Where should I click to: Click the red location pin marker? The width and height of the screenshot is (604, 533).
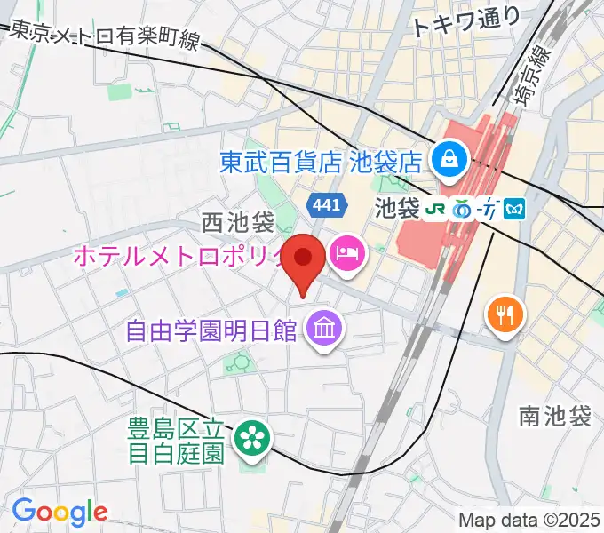306,259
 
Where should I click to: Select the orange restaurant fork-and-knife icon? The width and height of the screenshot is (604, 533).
505,313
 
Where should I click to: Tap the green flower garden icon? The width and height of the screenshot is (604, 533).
251,435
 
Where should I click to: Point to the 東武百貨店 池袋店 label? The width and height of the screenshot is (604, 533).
321,162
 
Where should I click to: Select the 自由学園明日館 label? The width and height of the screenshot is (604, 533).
211,331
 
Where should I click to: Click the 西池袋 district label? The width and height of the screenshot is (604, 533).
237,219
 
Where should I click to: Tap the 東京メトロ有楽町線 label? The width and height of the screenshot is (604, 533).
105,36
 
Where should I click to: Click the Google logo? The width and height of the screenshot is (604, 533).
60,511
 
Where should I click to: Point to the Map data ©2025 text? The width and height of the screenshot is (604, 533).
530,520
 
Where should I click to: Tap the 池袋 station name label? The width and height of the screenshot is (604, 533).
397,210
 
